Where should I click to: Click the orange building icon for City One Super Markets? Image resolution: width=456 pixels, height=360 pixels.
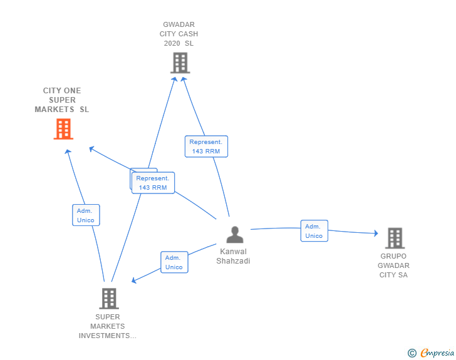[x=63, y=129]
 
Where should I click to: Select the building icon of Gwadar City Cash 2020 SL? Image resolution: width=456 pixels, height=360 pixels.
[x=180, y=63]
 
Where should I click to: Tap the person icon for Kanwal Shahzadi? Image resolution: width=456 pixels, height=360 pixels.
[x=235, y=235]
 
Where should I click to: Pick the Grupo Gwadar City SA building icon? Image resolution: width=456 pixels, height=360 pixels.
[x=395, y=238]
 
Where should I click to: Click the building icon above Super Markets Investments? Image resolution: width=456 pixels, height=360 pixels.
[x=108, y=299]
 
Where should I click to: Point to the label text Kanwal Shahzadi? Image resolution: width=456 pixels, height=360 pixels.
[x=235, y=256]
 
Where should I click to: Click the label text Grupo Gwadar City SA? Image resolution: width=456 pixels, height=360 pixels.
[x=394, y=265]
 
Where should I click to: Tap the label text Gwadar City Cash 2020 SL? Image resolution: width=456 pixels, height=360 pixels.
[x=180, y=34]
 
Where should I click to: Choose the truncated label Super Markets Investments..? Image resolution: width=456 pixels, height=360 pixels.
[x=108, y=326]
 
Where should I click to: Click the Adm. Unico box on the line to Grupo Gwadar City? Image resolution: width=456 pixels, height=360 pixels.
[x=314, y=231]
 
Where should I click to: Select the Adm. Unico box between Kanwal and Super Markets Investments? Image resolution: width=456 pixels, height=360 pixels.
[x=174, y=262]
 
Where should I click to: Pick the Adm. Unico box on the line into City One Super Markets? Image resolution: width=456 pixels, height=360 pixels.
[x=86, y=215]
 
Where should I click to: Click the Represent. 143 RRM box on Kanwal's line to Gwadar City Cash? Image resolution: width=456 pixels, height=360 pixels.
[x=206, y=147]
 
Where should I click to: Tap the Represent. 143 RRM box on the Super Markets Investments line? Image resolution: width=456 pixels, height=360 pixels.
[x=153, y=183]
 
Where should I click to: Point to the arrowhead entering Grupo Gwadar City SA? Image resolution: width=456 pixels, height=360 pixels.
[x=376, y=234]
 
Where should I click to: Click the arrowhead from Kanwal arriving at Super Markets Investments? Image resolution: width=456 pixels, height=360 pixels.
[x=134, y=280]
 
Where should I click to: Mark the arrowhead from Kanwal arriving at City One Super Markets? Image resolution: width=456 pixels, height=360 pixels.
[x=91, y=149]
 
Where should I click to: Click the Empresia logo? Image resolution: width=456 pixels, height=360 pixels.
[x=437, y=353]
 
